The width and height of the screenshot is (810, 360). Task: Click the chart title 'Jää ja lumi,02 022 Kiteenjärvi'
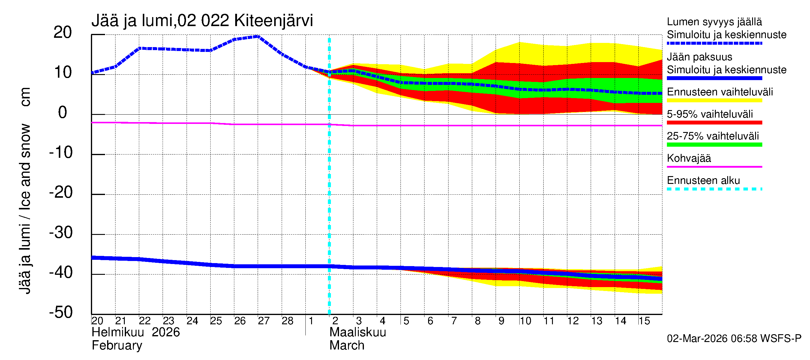[202, 21]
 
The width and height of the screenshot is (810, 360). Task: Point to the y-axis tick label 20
[63, 32]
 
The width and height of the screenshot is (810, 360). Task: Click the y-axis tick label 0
[63, 112]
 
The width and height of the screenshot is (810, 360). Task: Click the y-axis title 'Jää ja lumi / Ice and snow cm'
[25, 190]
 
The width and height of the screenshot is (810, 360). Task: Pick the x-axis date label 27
[263, 321]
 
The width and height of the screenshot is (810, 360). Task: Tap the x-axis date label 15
[644, 321]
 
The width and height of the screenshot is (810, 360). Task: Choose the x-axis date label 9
[501, 321]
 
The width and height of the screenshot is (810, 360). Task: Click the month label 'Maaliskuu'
[358, 332]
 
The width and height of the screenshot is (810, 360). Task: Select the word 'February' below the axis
[117, 346]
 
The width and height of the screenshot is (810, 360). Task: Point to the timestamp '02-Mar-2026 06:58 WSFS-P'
[734, 339]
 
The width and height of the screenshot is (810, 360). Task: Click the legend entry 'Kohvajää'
[688, 158]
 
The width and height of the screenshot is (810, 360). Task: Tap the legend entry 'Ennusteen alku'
[703, 181]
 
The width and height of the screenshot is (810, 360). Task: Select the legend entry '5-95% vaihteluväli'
[710, 114]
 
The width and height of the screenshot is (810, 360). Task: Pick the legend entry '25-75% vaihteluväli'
[712, 136]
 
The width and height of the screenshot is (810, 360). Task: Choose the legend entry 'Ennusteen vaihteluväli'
[720, 92]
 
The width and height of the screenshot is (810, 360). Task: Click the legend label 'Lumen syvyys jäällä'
[714, 22]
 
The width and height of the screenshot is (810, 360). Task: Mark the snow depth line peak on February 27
[258, 37]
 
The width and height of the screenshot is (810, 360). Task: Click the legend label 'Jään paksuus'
[699, 57]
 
